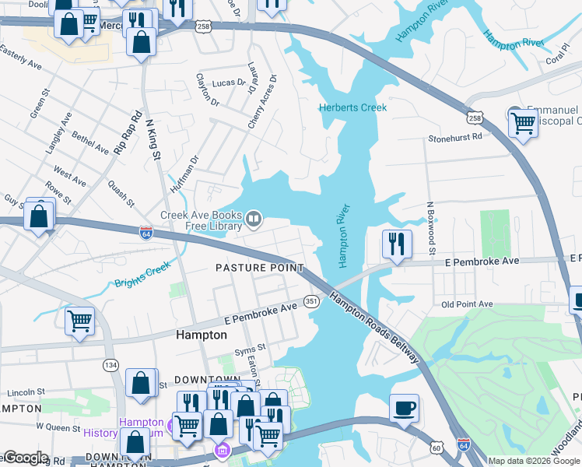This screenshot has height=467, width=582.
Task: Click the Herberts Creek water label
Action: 353,107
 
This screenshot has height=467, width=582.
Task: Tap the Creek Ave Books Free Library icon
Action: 254,221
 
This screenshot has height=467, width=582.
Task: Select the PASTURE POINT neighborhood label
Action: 259,268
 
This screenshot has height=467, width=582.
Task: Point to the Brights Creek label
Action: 142,275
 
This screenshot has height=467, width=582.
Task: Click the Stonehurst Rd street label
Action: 455,136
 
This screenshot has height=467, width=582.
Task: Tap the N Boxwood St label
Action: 429,229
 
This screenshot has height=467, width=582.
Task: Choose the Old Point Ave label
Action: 467,304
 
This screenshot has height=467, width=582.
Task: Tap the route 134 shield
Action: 111,364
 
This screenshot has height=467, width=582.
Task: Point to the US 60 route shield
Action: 438,448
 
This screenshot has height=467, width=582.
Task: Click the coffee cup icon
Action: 404,409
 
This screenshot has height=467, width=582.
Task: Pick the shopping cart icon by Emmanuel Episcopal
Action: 523,122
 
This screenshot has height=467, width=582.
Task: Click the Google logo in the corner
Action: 25,458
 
